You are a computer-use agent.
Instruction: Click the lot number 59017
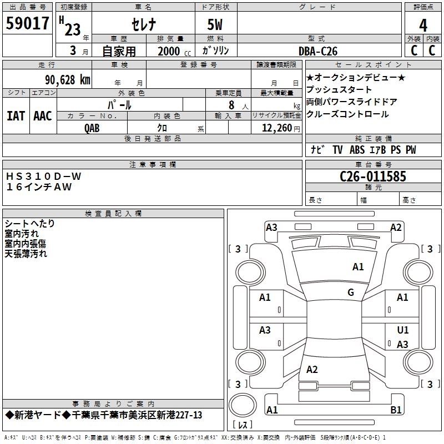point(27,24)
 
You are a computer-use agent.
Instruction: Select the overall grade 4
point(423,25)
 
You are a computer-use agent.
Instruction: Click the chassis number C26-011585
point(373,177)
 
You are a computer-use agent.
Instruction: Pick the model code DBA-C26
point(318,51)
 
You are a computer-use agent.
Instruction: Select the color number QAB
point(92,128)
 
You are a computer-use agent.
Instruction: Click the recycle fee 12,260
point(275,128)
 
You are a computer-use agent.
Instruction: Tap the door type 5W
point(215,25)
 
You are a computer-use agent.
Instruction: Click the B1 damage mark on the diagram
point(396,410)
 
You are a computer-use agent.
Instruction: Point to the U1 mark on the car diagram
point(403,330)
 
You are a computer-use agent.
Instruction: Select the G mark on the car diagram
point(351,292)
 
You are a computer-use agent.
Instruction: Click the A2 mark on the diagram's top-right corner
point(396,228)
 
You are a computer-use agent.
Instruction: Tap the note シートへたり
point(30,224)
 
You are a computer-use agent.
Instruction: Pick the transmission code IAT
point(16,115)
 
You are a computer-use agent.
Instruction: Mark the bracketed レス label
point(243,425)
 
